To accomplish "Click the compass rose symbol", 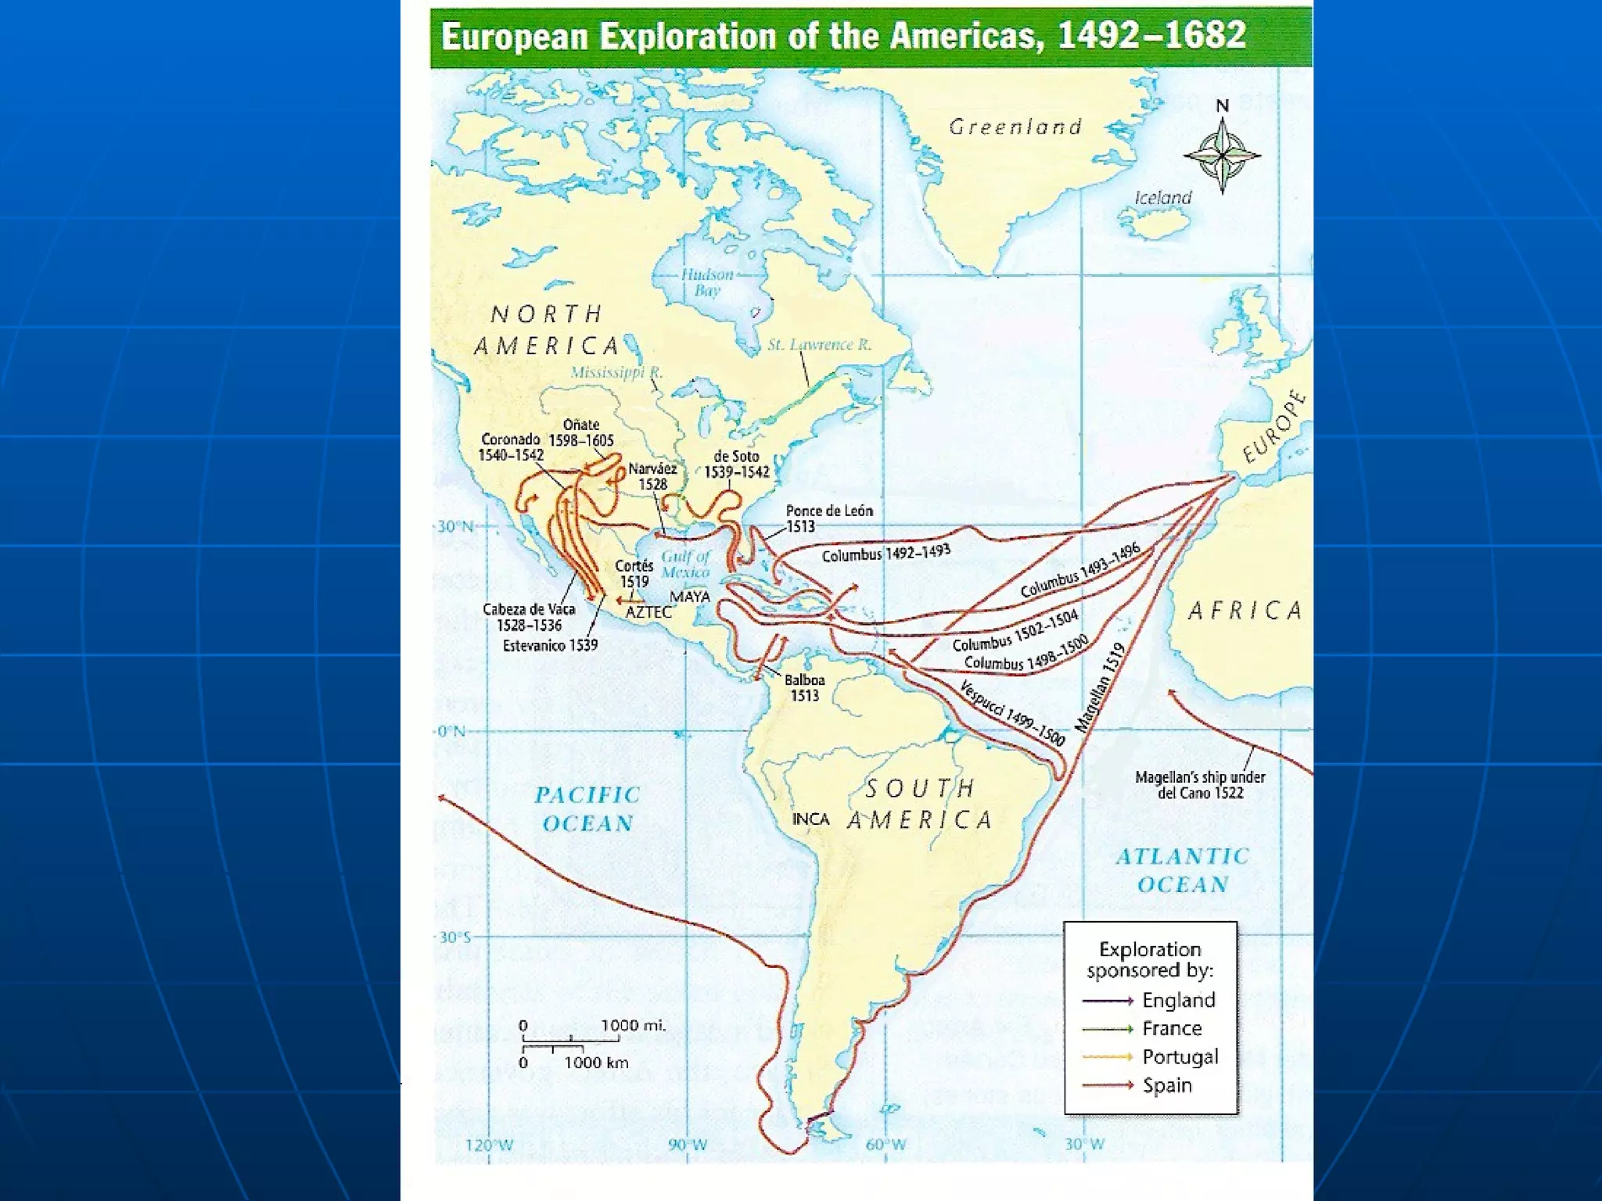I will coord(1222,155).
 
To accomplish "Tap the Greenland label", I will coord(1015,127).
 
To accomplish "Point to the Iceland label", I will coord(1163,198).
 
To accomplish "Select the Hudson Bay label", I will coord(707,282).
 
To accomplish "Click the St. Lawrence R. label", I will coord(819,345).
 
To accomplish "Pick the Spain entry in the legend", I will coord(1166,1085).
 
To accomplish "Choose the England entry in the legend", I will coord(1178,1000).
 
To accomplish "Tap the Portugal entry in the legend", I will coord(1180,1057).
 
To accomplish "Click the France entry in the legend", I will coord(1171,1028).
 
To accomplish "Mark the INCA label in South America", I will coord(810,819).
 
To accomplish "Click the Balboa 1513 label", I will coord(804,688).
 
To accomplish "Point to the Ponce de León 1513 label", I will coord(828,518).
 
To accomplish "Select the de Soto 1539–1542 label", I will coord(736,464).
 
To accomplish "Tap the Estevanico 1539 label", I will coord(550,646).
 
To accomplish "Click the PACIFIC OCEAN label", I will coord(587,809).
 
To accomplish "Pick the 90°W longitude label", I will coord(688,1145).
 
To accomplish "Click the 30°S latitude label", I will coord(454,937).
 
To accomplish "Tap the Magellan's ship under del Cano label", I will coord(1200,785).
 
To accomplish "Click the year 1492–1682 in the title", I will coord(1151,37).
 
